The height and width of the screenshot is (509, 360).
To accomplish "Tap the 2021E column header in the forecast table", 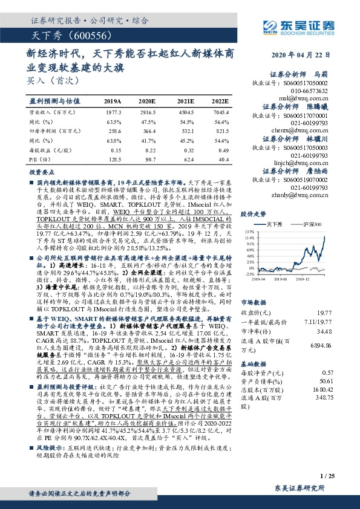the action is [x=186, y=101].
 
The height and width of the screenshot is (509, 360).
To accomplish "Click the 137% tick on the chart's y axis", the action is [x=249, y=232].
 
